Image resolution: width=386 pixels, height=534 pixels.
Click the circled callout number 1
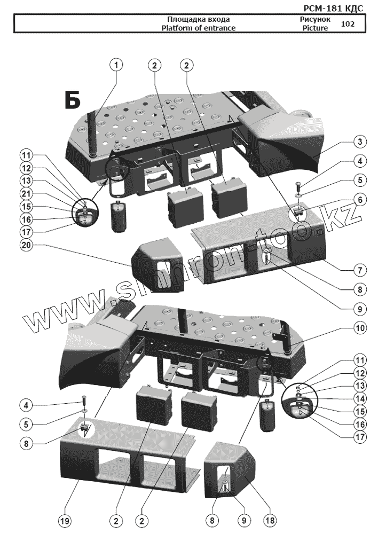(x=116, y=65)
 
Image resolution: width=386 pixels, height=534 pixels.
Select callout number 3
(x=360, y=142)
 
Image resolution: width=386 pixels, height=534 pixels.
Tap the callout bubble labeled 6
(x=360, y=200)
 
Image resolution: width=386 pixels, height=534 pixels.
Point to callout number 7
(x=360, y=270)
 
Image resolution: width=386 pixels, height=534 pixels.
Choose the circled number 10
(x=360, y=328)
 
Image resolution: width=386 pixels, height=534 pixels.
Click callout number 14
(x=360, y=398)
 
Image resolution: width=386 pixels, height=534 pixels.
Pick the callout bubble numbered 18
(x=270, y=520)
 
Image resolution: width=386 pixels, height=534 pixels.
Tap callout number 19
(x=65, y=520)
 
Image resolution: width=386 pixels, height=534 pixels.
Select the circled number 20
(x=26, y=245)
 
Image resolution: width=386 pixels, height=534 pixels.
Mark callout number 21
(x=26, y=194)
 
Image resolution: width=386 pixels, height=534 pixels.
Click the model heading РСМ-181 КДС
(x=333, y=8)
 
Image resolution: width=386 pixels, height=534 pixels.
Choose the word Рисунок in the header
(x=315, y=19)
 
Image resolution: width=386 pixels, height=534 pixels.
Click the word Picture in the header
(x=315, y=28)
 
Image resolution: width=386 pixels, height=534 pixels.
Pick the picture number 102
(x=347, y=24)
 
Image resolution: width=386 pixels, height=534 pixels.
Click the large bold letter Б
(x=73, y=100)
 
